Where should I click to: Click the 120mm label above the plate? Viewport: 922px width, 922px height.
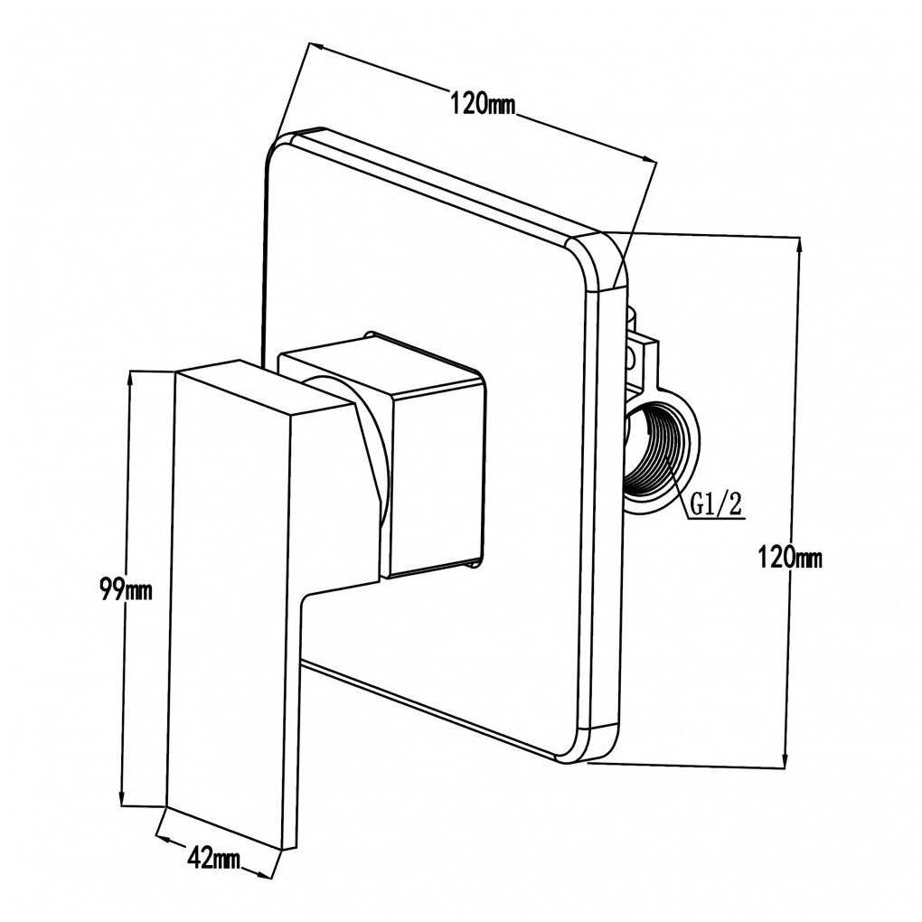click(x=483, y=102)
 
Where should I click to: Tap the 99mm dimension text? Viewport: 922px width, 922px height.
click(x=126, y=591)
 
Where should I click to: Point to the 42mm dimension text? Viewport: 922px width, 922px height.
click(x=213, y=857)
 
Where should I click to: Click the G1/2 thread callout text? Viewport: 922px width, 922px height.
click(x=717, y=503)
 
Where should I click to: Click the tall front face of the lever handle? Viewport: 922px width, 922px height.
click(x=231, y=606)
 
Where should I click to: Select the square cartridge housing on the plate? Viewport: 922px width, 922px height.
click(x=434, y=479)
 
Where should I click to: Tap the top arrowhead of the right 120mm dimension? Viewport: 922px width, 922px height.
click(x=799, y=244)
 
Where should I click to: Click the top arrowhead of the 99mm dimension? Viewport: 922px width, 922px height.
click(x=131, y=377)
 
